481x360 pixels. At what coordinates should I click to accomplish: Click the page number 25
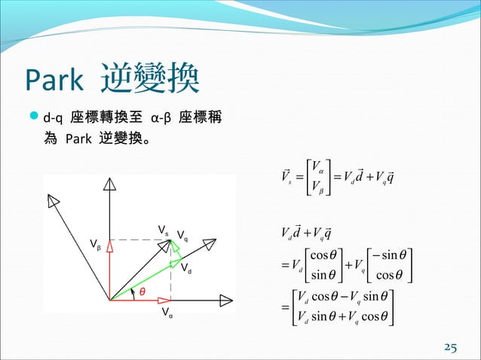pyautogui.click(x=450, y=347)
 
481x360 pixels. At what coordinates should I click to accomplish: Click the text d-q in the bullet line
pyautogui.click(x=54, y=120)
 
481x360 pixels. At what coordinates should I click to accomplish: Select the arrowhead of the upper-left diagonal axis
pyautogui.click(x=54, y=200)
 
